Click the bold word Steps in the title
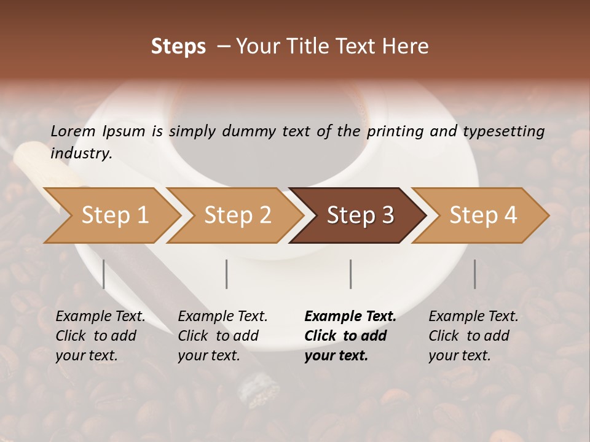[178, 47]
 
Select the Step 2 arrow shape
[237, 215]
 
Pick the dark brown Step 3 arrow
[360, 215]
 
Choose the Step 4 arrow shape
[482, 215]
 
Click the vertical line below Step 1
[104, 274]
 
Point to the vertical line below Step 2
[227, 274]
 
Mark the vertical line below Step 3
[350, 274]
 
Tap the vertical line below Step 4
[474, 274]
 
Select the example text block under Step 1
[100, 336]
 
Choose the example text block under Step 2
[222, 336]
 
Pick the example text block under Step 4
[473, 336]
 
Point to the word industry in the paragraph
[81, 153]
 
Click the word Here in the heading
[408, 47]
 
